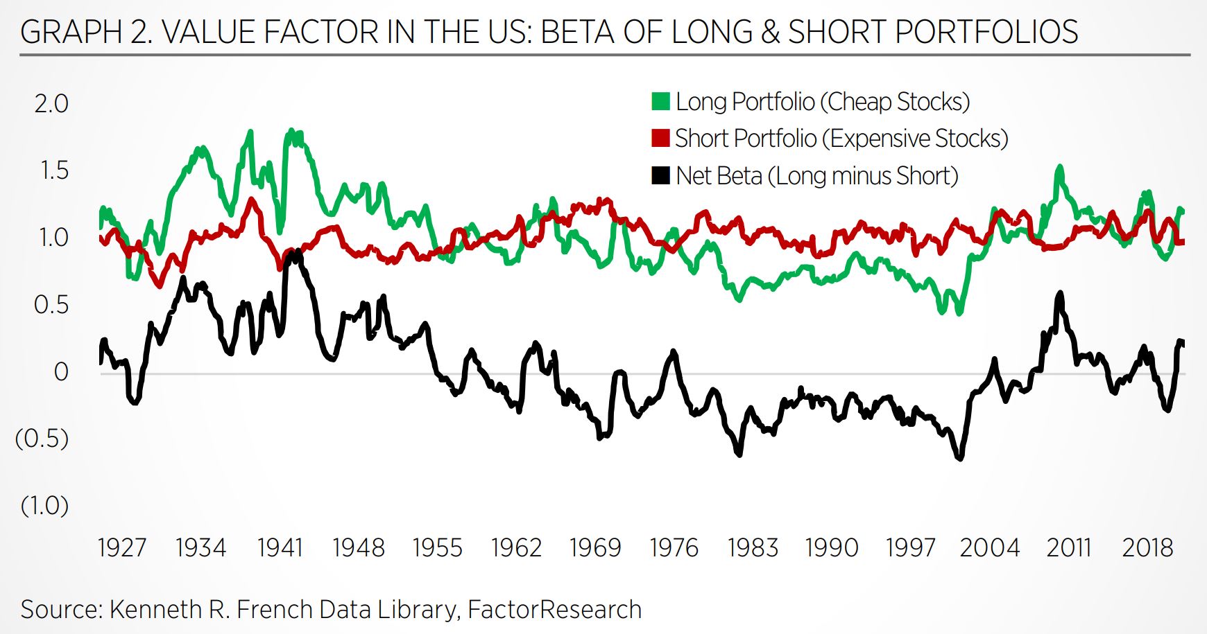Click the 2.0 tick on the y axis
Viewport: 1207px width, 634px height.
pos(51,104)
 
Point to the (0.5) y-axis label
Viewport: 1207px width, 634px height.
pos(42,439)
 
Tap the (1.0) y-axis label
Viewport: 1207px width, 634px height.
pos(44,506)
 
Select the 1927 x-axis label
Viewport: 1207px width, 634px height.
pos(122,548)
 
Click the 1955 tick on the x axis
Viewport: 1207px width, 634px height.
pos(437,548)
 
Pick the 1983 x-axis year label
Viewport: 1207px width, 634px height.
pos(753,548)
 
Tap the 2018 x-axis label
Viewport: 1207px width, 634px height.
pos(1147,548)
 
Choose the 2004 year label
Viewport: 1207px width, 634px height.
pos(989,548)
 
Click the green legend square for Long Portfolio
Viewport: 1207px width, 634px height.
pos(660,102)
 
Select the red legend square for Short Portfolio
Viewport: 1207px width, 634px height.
pos(660,139)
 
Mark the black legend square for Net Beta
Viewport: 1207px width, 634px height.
pos(660,176)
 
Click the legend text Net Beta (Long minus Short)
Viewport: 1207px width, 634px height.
pos(816,176)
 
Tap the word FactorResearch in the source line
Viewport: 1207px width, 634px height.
pos(554,610)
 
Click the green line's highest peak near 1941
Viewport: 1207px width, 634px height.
pos(292,130)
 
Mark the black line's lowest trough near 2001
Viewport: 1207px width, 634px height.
pos(960,458)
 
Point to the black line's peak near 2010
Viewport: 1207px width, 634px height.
pos(1059,294)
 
